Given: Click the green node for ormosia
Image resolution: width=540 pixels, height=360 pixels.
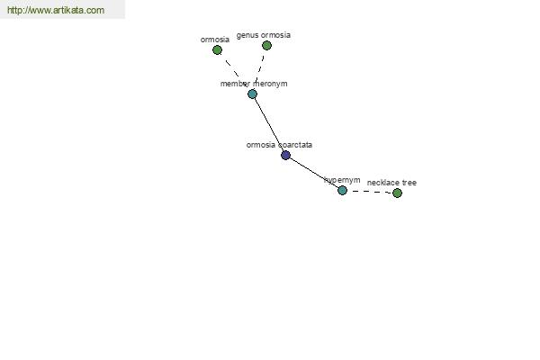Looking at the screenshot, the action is click(x=217, y=50).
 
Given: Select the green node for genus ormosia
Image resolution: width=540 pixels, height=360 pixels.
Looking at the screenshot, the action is click(x=266, y=46).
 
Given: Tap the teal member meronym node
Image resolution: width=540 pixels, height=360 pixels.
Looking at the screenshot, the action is click(x=252, y=94).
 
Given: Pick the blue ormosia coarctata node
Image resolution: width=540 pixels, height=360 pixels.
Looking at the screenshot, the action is click(x=285, y=156).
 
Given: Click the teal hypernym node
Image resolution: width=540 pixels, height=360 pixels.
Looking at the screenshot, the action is click(x=342, y=190).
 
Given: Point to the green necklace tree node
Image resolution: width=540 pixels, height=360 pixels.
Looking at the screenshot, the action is click(x=397, y=193).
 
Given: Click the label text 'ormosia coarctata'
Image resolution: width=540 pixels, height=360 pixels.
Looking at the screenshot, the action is click(x=279, y=145).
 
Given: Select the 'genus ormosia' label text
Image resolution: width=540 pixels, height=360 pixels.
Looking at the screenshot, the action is click(x=264, y=35).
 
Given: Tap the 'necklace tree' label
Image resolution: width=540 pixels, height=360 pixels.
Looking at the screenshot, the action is click(x=391, y=183).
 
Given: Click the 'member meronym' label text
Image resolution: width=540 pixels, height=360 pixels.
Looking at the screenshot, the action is click(x=254, y=84).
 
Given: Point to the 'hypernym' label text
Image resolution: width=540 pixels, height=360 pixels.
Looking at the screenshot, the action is click(x=342, y=180).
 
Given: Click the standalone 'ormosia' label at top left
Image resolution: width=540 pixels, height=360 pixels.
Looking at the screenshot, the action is click(x=215, y=40).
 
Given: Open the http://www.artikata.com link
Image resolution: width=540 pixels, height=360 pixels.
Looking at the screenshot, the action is click(x=56, y=10).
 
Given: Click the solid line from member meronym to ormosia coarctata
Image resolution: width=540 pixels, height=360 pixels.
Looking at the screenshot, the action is click(x=269, y=125).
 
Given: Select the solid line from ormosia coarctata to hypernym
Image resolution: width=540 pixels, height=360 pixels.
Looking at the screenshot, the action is click(x=314, y=173).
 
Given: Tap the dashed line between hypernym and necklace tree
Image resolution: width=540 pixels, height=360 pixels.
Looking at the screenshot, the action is click(x=370, y=192).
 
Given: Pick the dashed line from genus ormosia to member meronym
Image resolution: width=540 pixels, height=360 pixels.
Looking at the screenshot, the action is click(x=260, y=67).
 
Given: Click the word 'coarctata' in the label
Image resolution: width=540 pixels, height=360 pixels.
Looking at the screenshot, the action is click(x=295, y=145).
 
